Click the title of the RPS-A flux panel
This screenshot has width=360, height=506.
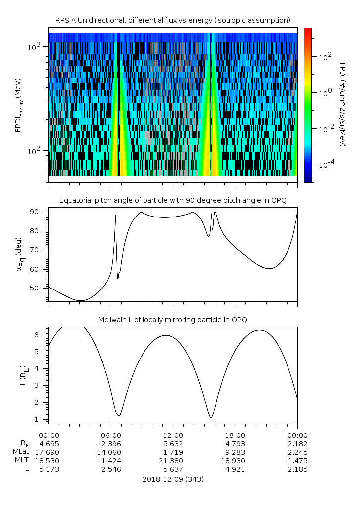pyautogui.click(x=173, y=21)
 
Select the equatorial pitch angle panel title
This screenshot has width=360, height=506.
pyautogui.click(x=173, y=201)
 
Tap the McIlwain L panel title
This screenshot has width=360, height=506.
pyautogui.click(x=173, y=320)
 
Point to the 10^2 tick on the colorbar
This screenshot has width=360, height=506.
pyautogui.click(x=325, y=57)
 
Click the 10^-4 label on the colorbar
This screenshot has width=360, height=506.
pyautogui.click(x=326, y=164)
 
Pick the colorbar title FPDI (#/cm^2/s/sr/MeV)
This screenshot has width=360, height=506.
pyautogui.click(x=343, y=105)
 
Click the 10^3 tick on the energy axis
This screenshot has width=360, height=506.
pyautogui.click(x=34, y=47)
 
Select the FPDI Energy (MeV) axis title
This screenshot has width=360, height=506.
pyautogui.click(x=18, y=105)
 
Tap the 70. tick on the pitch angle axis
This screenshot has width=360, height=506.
pyautogui.click(x=35, y=250)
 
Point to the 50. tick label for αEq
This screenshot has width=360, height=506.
pyautogui.click(x=35, y=288)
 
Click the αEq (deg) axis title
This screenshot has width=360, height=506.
pyautogui.click(x=19, y=255)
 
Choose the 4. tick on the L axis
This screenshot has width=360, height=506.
pyautogui.click(x=37, y=368)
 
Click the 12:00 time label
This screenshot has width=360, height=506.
pyautogui.click(x=173, y=435)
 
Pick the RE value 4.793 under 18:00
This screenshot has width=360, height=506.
pyautogui.click(x=235, y=444)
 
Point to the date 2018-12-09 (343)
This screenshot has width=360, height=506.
pyautogui.click(x=173, y=479)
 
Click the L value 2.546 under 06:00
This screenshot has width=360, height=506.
pyautogui.click(x=111, y=469)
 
